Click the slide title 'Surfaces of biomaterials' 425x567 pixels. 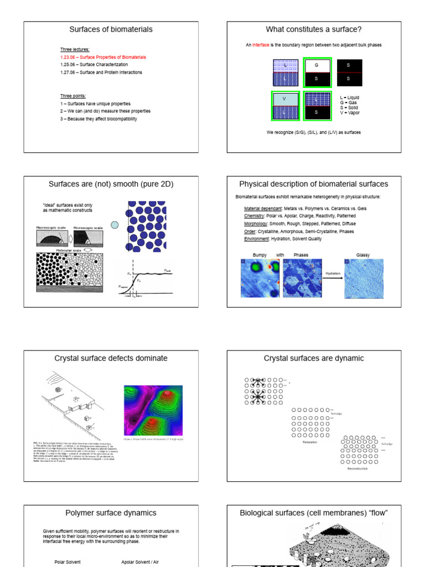[111, 29]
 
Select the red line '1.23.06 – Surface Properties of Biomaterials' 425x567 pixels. [103, 57]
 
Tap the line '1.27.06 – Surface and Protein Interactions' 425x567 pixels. [101, 73]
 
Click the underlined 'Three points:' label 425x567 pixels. [73, 96]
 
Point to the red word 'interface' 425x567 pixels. [261, 45]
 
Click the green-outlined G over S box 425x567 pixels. [317, 72]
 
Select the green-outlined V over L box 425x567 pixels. [285, 106]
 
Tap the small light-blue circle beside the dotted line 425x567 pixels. [115, 225]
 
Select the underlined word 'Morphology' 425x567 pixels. [256, 224]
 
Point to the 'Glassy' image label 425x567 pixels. [363, 255]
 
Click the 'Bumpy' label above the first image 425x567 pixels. [260, 255]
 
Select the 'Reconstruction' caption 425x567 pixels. [357, 468]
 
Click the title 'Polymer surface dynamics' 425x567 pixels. [111, 513]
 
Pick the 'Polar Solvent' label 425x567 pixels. [68, 561]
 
